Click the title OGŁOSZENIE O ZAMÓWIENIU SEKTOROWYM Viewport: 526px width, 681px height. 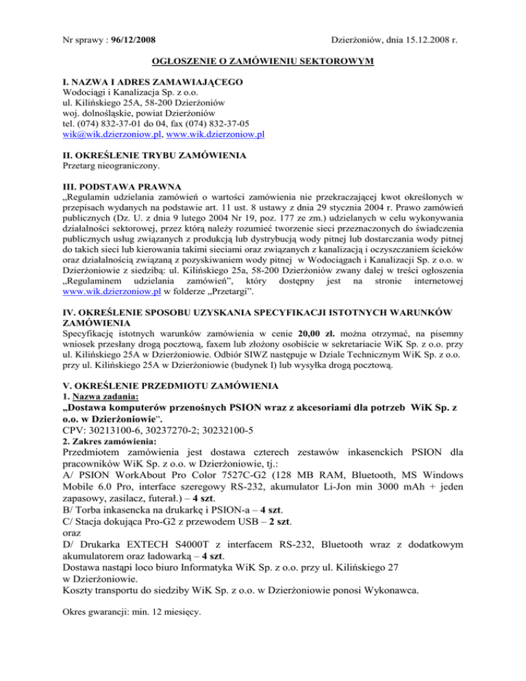[262, 62]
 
